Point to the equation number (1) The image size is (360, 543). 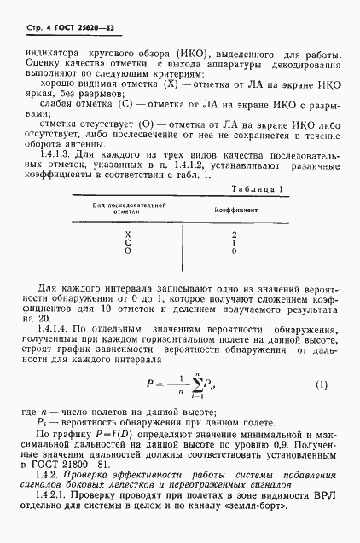click(x=322, y=384)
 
